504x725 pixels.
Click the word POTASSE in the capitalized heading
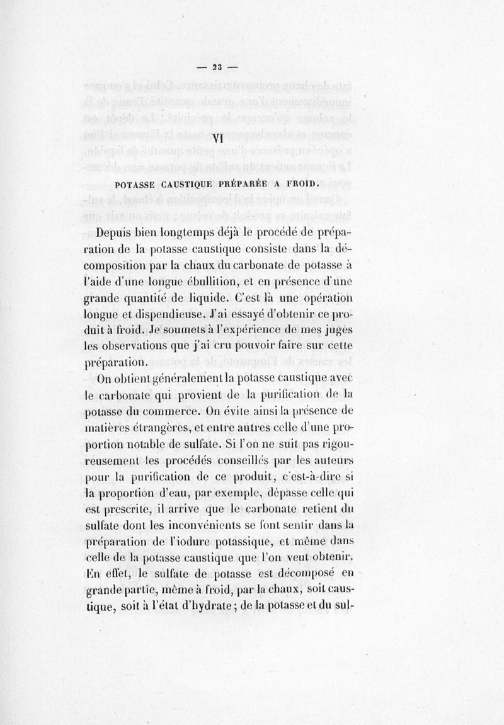click(x=136, y=185)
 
